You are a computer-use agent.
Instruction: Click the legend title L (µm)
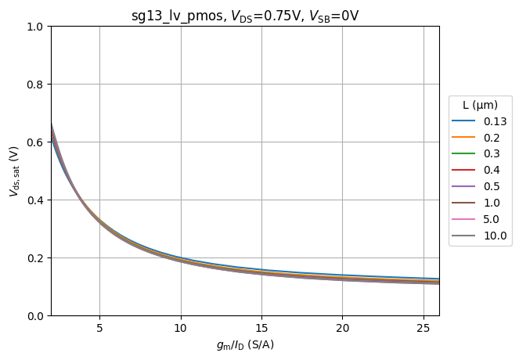tap(480, 105)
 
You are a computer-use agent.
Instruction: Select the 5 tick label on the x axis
tap(99, 327)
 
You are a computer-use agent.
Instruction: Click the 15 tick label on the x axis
tap(261, 327)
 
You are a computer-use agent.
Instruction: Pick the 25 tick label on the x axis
tap(423, 327)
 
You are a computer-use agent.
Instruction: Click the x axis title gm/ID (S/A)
tap(245, 344)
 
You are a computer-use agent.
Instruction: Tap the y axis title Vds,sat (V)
tap(13, 171)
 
